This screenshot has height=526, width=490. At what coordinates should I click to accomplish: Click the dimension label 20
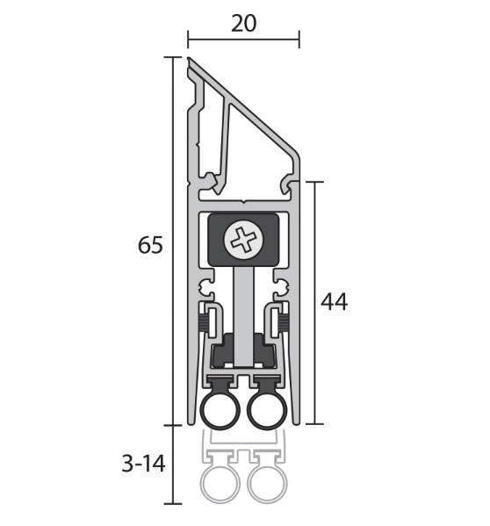click(244, 24)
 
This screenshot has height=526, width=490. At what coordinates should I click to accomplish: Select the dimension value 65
click(150, 245)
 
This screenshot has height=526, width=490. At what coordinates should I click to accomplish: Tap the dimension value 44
click(334, 301)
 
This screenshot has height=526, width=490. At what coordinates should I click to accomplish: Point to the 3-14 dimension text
click(143, 465)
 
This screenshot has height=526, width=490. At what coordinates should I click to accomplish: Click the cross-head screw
click(243, 240)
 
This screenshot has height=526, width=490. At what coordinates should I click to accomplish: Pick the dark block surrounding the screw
click(243, 240)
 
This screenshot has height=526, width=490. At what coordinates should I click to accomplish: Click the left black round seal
click(220, 411)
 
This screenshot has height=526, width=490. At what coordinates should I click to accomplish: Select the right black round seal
click(267, 411)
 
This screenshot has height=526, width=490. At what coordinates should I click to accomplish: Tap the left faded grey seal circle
click(220, 483)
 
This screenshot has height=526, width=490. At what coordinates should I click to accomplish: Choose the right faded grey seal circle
click(267, 483)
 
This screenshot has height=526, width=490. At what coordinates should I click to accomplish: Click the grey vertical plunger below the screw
click(243, 316)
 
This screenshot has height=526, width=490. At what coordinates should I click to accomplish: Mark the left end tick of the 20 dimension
click(188, 40)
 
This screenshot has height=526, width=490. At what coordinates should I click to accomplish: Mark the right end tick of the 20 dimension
click(299, 40)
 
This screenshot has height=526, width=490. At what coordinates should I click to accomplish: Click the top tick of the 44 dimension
click(314, 182)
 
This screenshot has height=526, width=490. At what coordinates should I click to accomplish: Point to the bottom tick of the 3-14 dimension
click(173, 503)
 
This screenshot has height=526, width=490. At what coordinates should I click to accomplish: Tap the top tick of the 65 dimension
click(173, 57)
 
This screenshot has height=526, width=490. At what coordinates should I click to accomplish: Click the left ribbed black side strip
click(203, 321)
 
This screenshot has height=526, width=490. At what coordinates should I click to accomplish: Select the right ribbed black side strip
click(284, 321)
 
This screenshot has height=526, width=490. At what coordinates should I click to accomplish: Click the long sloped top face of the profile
click(243, 106)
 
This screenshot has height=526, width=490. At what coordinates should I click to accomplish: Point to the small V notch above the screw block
click(244, 202)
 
